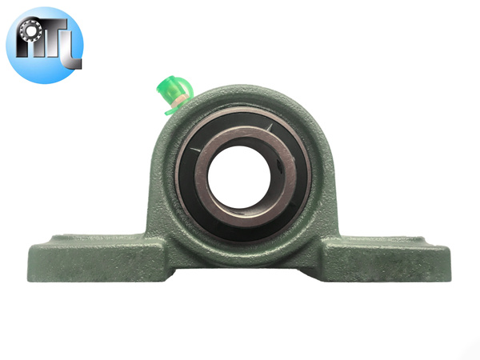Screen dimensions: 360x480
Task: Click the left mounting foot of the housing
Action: (x=80, y=256)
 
